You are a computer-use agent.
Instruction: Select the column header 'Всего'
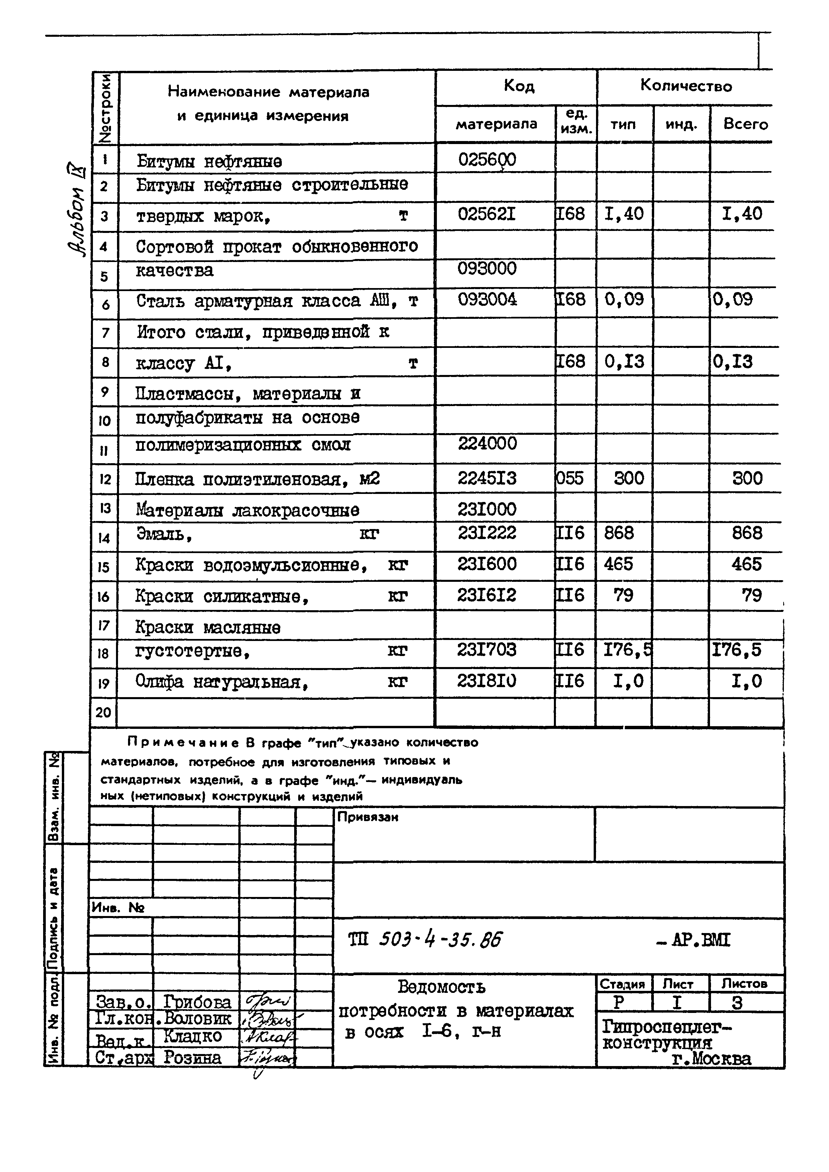point(745,124)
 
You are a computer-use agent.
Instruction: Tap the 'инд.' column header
point(681,124)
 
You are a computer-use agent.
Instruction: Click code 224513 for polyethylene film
point(487,478)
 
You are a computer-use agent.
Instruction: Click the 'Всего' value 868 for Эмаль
point(747,533)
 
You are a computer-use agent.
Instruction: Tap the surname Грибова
point(197,1002)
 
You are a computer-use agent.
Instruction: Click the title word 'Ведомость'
point(442,987)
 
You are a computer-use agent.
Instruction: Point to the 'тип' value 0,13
point(624,362)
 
